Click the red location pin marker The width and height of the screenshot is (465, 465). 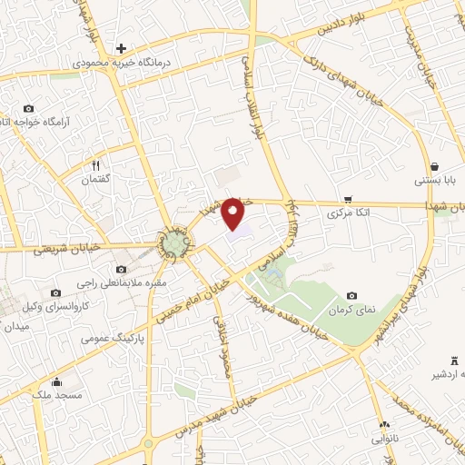(233, 213)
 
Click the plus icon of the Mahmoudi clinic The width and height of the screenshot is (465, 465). (120, 48)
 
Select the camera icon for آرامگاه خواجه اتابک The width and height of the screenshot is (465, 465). (28, 108)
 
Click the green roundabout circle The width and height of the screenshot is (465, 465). (174, 242)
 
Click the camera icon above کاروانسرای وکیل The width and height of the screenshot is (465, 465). (56, 292)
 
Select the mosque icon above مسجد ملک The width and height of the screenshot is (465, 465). (57, 381)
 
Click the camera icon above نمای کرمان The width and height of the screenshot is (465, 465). (351, 295)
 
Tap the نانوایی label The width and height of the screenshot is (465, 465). (385, 438)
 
